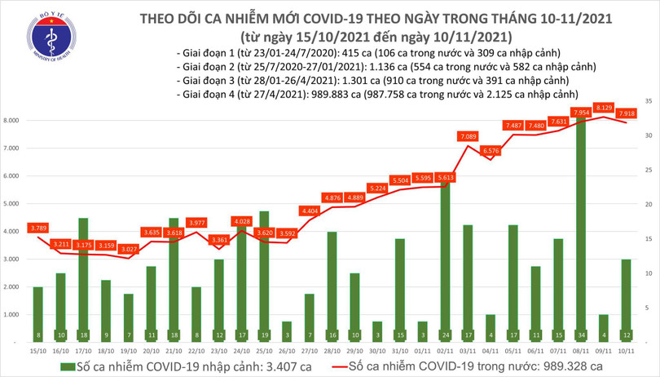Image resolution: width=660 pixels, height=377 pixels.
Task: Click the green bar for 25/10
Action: (x=265, y=277)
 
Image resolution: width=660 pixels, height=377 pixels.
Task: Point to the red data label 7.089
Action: (x=469, y=136)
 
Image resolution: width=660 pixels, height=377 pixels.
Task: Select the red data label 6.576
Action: (x=491, y=150)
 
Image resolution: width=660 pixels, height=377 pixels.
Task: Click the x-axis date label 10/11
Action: (x=627, y=349)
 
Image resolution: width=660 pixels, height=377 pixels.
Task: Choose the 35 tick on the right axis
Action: (x=647, y=100)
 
